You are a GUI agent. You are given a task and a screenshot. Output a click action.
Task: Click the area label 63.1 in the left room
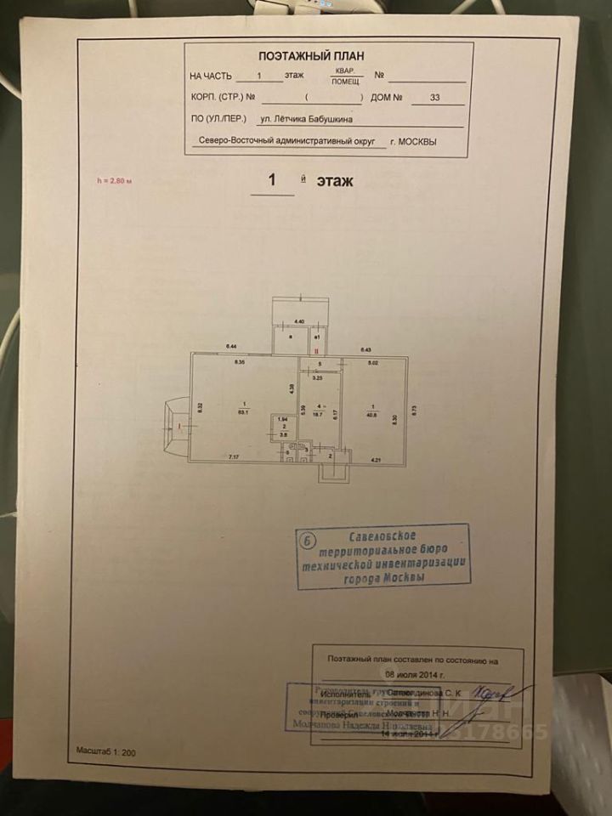coord(244,412)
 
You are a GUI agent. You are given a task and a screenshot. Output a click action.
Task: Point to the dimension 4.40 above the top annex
coord(299,320)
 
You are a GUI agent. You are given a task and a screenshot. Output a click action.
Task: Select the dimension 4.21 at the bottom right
coord(375,460)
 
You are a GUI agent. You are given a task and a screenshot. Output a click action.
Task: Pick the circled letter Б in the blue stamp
coord(309,540)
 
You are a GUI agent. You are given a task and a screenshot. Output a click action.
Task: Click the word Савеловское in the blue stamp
coord(382,535)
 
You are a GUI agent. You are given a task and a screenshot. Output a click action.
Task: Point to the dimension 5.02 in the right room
coord(372,364)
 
